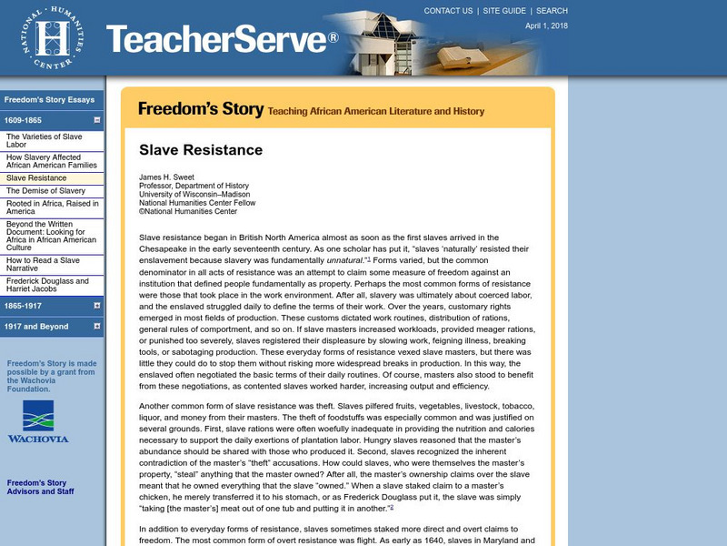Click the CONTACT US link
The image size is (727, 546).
(x=448, y=11)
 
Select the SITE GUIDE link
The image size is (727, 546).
(x=504, y=11)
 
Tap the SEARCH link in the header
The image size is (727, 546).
(x=552, y=11)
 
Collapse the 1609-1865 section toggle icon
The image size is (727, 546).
(x=96, y=120)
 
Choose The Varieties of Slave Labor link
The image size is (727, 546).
(x=44, y=140)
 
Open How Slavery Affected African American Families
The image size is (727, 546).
(x=50, y=161)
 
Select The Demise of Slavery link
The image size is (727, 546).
(x=45, y=191)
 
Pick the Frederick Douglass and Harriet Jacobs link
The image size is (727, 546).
(x=47, y=286)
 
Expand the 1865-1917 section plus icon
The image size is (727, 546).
(x=96, y=306)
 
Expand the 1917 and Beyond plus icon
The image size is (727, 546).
(x=96, y=327)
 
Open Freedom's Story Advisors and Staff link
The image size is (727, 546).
(x=42, y=489)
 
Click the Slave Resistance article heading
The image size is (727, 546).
(x=200, y=150)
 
